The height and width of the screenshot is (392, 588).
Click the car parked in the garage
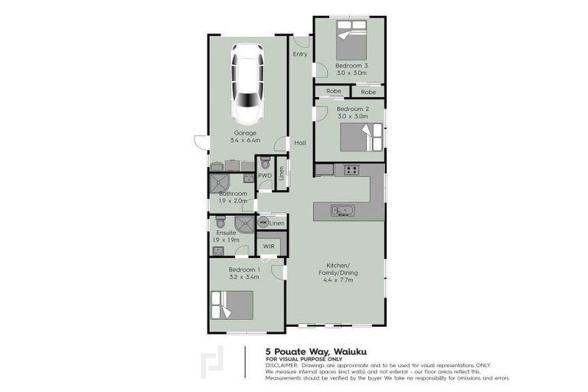point(248,83)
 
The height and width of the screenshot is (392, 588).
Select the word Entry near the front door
point(300,54)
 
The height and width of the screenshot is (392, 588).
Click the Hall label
point(300,143)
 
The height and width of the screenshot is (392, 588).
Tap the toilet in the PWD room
point(265,163)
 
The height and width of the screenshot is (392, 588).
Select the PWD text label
point(265,175)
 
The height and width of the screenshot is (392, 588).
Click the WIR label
point(268,246)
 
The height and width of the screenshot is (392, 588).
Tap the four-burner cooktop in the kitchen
point(351,170)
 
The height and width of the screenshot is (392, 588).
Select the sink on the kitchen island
point(341,210)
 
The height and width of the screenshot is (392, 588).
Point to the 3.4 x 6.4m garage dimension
point(245,141)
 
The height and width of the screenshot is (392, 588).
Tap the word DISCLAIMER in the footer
point(284,365)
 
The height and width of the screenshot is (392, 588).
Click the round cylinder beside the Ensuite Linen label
point(263,223)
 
